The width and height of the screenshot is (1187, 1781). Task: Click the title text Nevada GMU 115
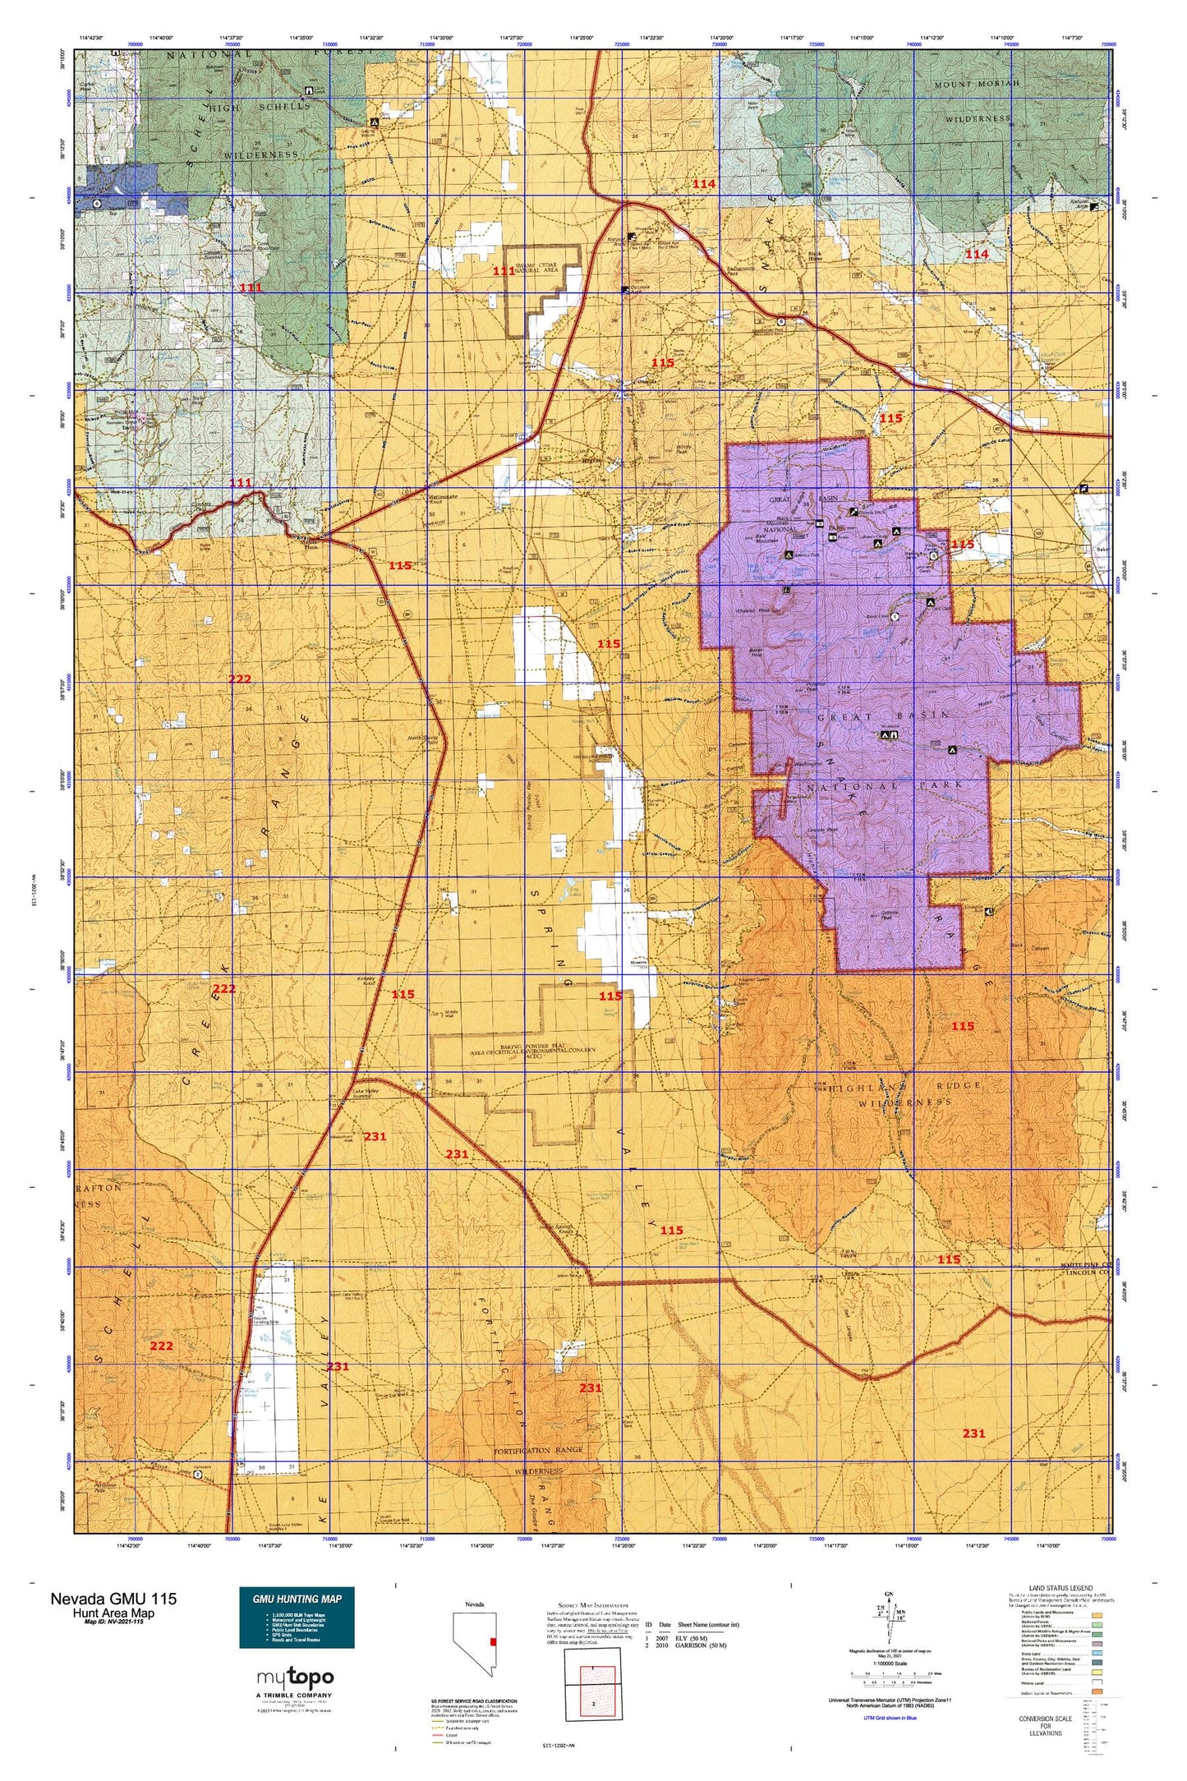click(113, 1599)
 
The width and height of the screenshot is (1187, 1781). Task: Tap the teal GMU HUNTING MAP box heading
click(297, 1599)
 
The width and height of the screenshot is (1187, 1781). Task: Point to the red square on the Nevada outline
click(493, 1641)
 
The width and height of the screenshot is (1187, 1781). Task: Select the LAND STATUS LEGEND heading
click(1060, 1589)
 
